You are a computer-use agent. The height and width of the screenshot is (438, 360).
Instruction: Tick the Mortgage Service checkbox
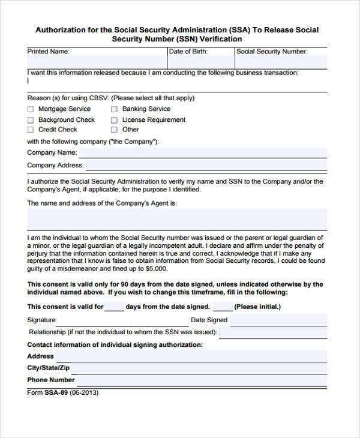coord(31,109)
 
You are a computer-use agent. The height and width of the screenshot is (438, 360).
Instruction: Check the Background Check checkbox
coord(31,119)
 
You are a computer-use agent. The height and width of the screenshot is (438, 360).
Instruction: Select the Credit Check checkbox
coord(31,130)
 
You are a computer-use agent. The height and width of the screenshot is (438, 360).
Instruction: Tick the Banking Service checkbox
coord(114,109)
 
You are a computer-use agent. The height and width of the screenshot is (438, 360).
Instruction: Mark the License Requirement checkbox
coord(114,119)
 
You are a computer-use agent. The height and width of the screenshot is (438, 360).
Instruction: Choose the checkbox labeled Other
coord(114,130)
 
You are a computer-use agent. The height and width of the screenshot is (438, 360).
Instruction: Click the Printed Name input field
coord(97,62)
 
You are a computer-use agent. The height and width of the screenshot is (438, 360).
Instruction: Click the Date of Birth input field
coord(200,62)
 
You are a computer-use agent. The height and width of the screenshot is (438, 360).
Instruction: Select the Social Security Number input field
coord(281,62)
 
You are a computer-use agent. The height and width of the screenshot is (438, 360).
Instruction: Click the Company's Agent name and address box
coord(177,219)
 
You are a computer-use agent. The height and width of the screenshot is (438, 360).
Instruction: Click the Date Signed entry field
coord(278,320)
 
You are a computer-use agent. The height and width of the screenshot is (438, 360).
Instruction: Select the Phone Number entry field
coord(202,380)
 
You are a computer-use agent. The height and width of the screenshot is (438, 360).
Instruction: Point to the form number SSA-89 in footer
coord(56,393)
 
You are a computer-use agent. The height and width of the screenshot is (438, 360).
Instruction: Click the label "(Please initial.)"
coord(257,307)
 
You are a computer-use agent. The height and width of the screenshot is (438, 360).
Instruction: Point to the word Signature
coord(41,320)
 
